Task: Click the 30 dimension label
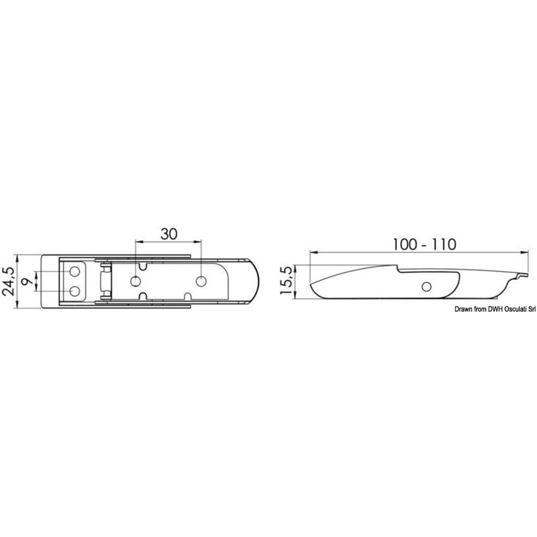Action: pyautogui.click(x=169, y=234)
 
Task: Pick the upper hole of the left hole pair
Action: pyautogui.click(x=74, y=272)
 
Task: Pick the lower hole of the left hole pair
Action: pyautogui.click(x=74, y=291)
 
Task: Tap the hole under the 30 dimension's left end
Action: pyautogui.click(x=135, y=281)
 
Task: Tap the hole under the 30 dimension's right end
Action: pyautogui.click(x=201, y=281)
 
